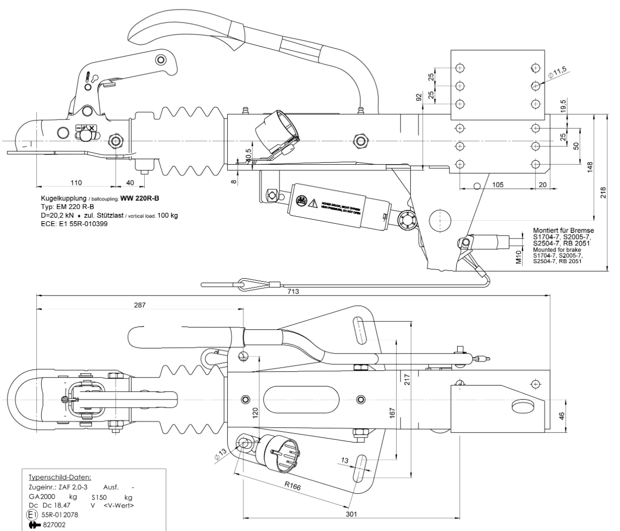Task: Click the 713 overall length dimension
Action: click(x=293, y=292)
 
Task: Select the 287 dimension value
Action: click(x=140, y=305)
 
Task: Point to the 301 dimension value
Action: click(x=351, y=514)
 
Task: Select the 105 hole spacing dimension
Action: click(x=497, y=184)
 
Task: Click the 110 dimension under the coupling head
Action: click(x=76, y=183)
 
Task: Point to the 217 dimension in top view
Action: click(x=406, y=379)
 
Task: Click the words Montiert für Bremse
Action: click(x=563, y=230)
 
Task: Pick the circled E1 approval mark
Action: click(x=31, y=515)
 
